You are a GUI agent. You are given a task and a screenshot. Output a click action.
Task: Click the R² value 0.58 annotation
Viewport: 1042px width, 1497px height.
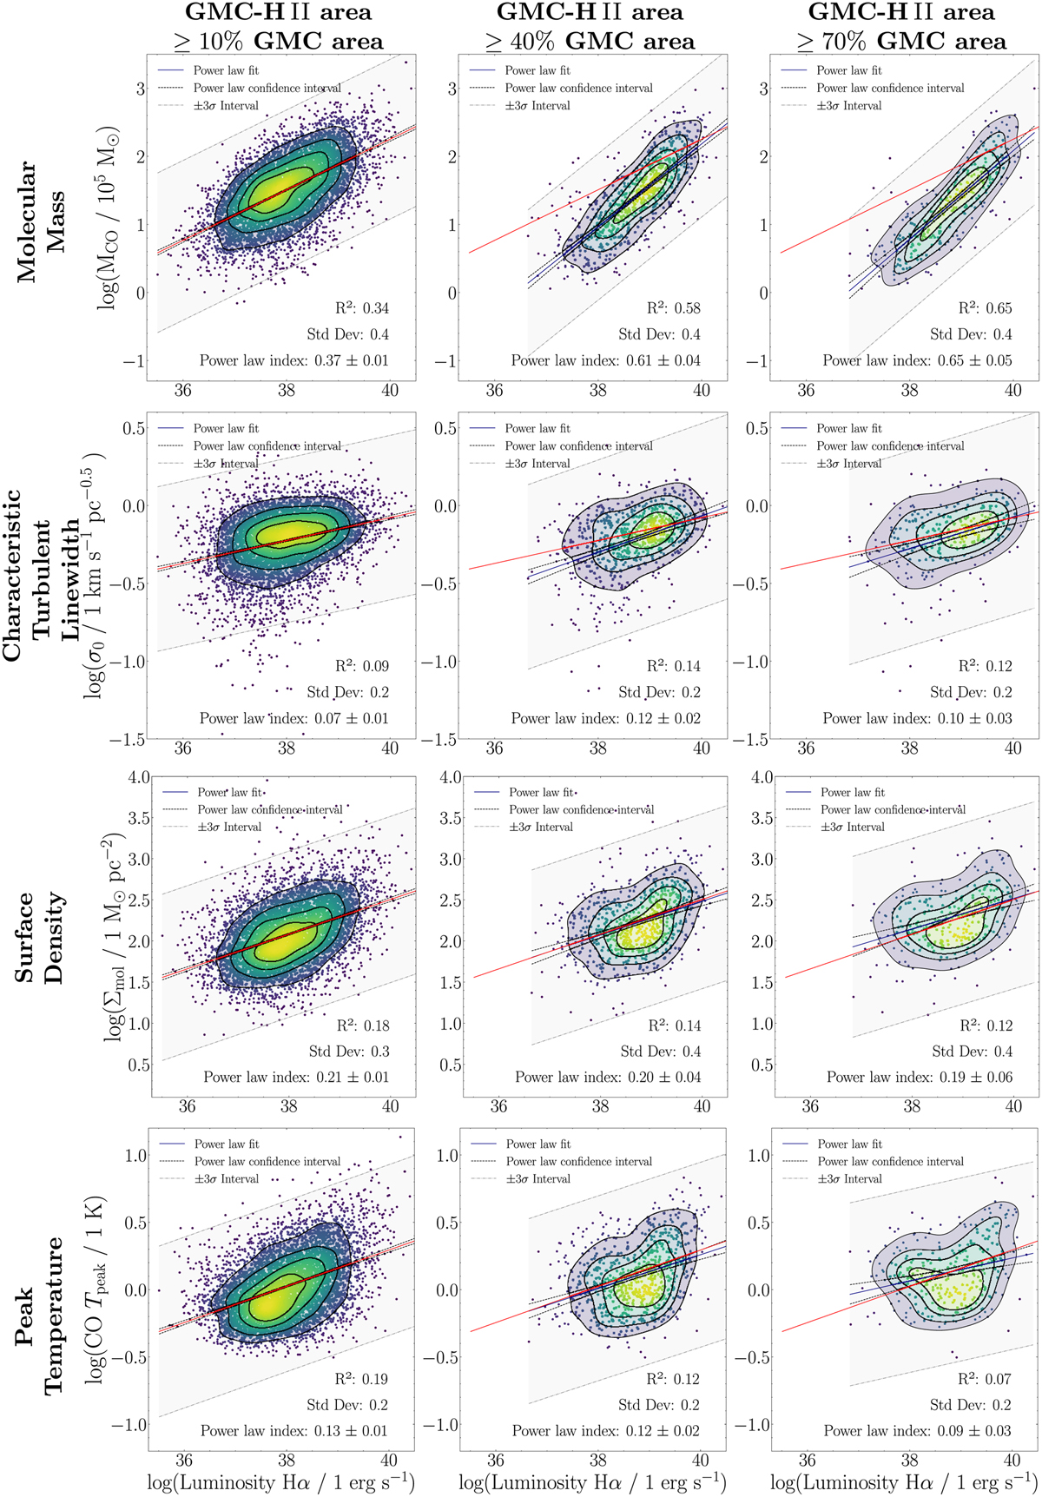[673, 308]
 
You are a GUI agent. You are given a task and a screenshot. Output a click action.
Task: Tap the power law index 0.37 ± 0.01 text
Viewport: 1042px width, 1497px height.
[293, 360]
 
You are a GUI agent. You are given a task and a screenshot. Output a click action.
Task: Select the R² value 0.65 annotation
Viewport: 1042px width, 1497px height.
[985, 308]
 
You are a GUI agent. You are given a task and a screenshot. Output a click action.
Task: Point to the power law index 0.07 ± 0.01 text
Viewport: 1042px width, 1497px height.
[293, 718]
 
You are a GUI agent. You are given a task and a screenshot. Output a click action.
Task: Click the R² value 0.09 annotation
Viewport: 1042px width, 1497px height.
[362, 666]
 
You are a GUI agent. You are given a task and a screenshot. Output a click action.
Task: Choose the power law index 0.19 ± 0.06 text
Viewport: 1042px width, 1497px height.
[919, 1077]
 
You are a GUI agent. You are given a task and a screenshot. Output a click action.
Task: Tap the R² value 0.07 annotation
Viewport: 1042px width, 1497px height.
[985, 1379]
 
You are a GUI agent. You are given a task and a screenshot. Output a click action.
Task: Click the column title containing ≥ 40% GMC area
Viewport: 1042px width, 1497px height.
[590, 27]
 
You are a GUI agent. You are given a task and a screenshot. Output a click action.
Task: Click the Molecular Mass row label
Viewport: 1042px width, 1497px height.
[41, 221]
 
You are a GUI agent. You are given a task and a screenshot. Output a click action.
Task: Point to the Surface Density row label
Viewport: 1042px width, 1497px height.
[41, 937]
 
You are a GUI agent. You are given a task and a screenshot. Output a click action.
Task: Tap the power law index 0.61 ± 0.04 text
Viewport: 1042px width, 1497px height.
[605, 360]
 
